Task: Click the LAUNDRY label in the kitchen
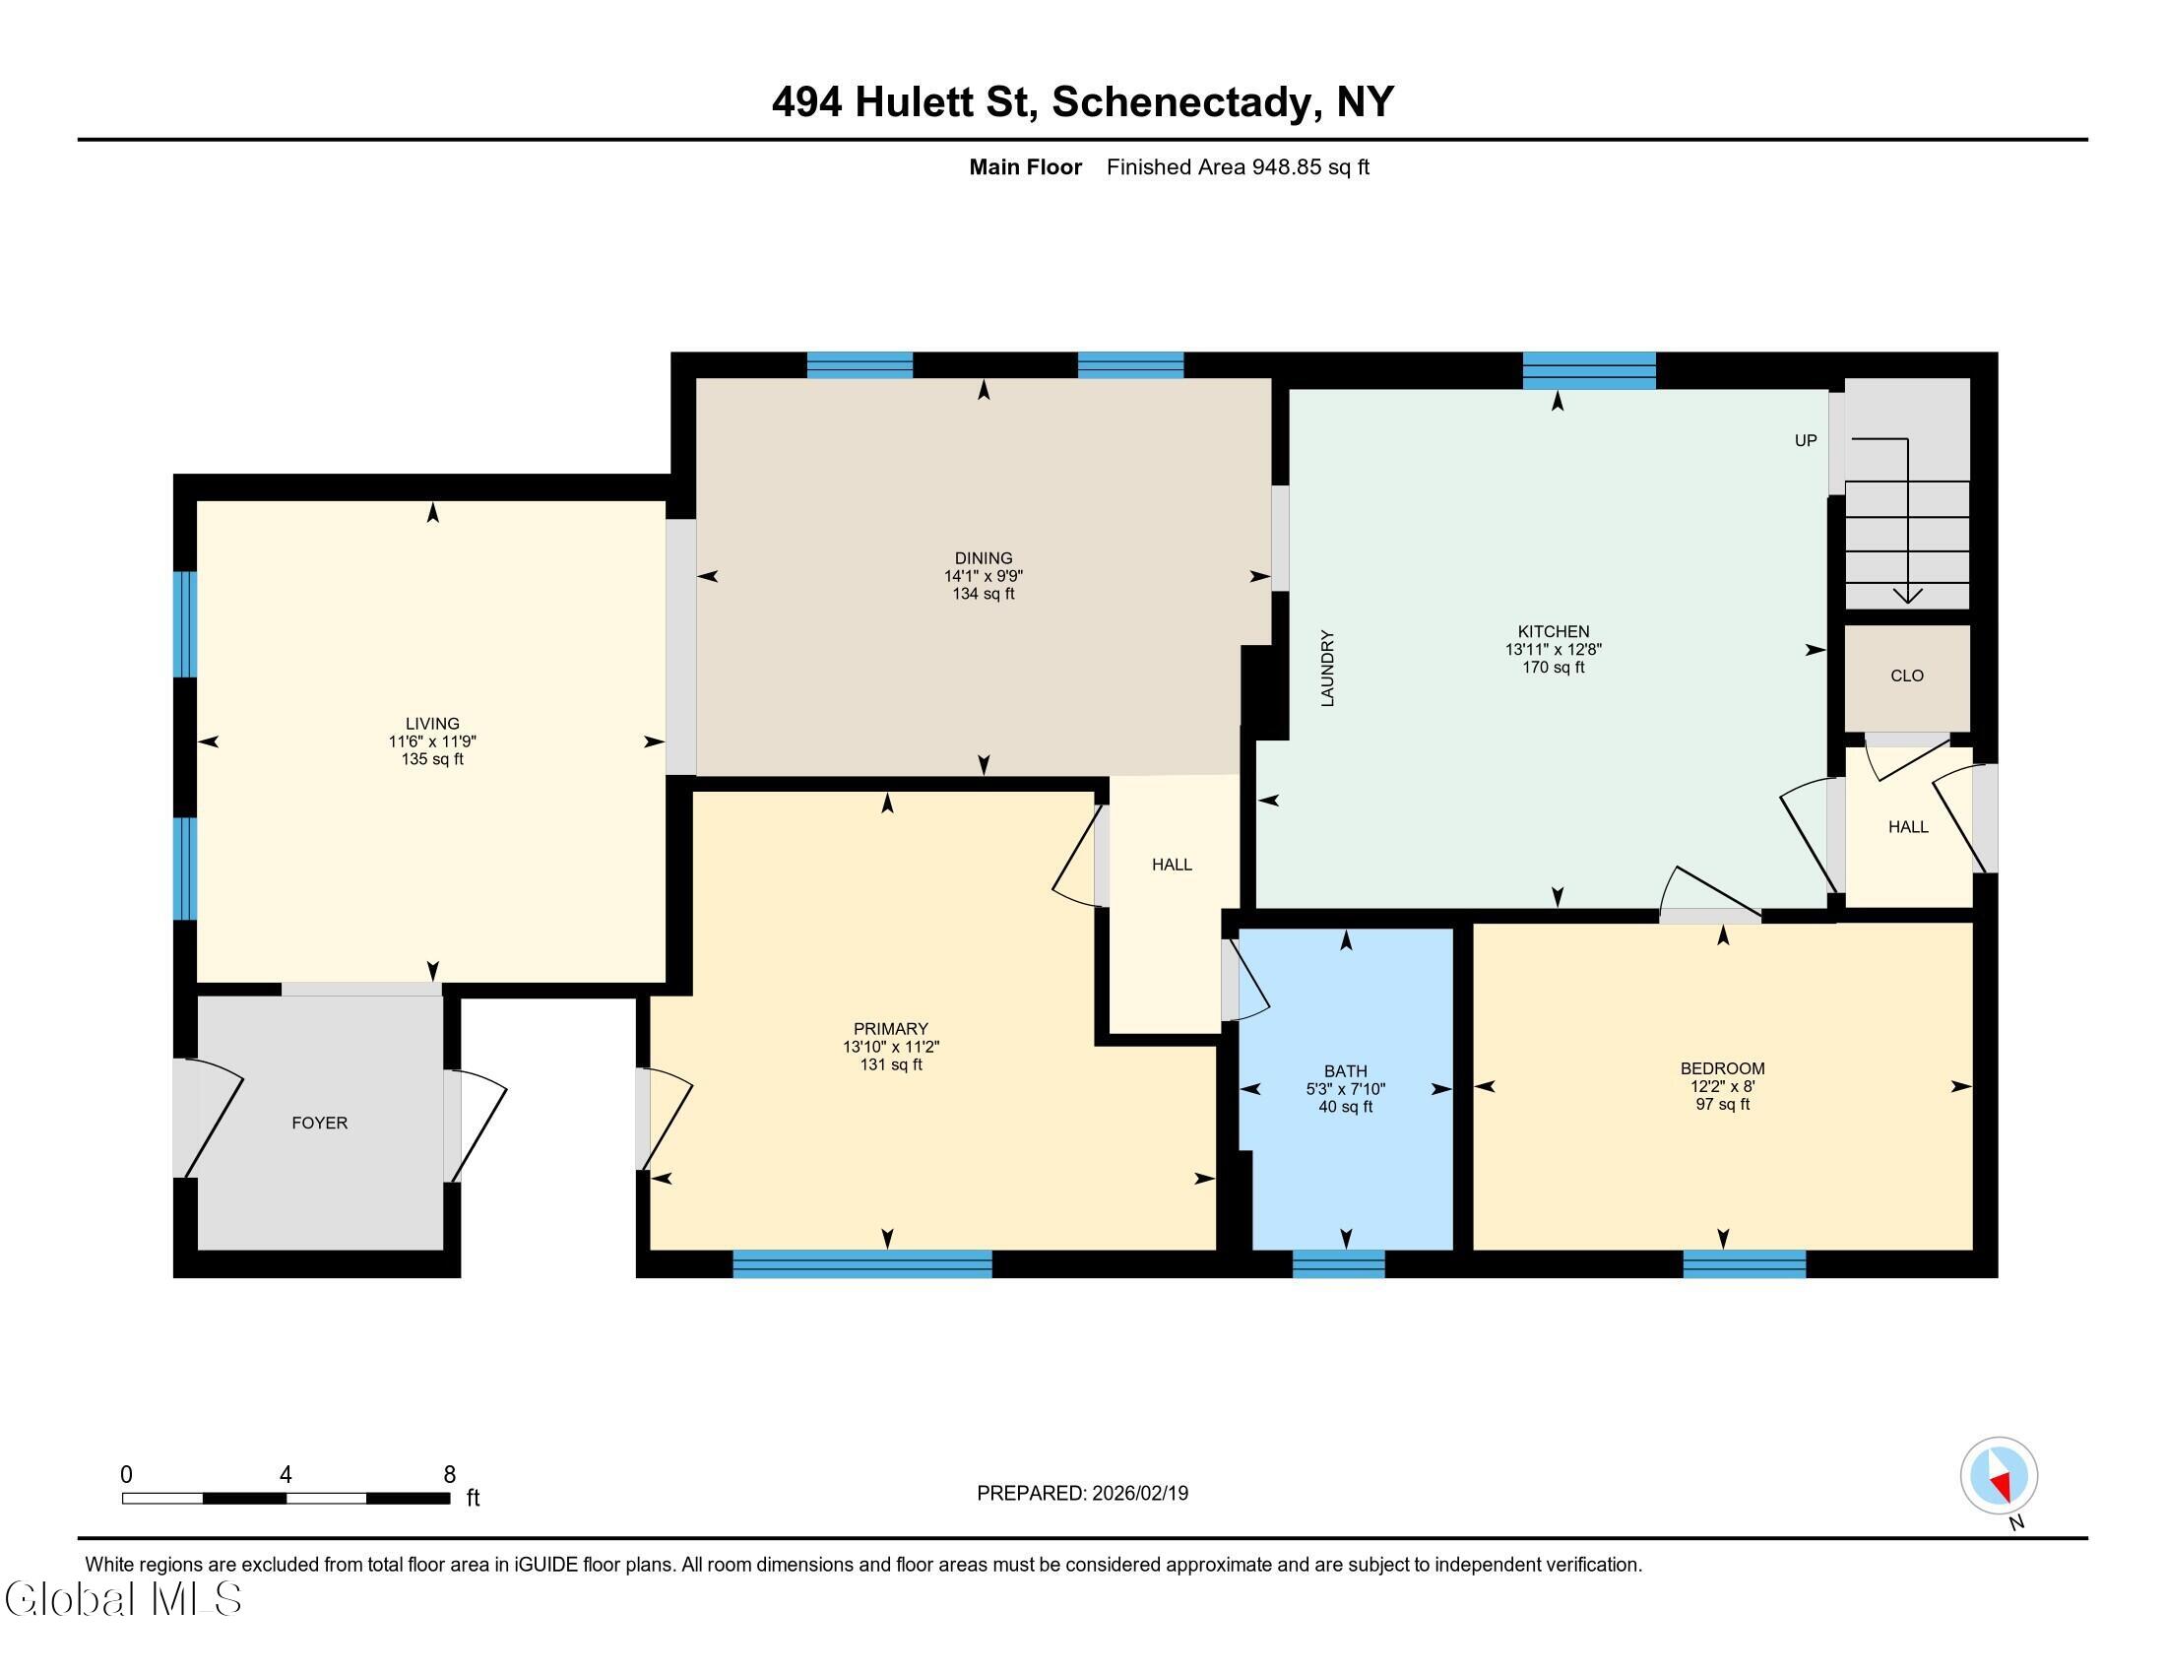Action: (1328, 669)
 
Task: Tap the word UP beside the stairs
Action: (1805, 440)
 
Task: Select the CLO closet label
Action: (1906, 676)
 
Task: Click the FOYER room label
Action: (319, 1123)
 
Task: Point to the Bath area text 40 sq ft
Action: (1345, 1107)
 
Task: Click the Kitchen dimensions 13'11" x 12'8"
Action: (1553, 650)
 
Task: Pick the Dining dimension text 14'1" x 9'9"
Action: (983, 576)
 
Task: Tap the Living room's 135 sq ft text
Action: (432, 759)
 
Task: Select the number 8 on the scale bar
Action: (449, 1475)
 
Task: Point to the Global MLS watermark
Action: (123, 1598)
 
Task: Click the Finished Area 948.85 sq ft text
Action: (1238, 166)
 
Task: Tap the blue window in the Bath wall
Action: (1338, 1264)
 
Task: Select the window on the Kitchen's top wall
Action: (1589, 371)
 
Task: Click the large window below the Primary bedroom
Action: (861, 1264)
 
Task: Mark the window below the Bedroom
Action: (1745, 1264)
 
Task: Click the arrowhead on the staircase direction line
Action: (1907, 595)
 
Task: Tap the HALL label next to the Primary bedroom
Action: (1172, 865)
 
